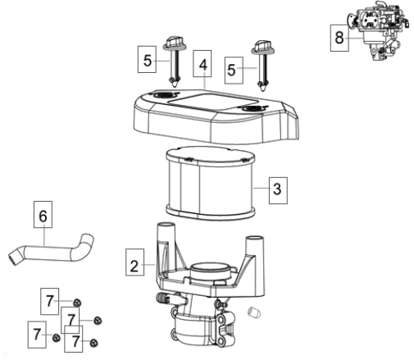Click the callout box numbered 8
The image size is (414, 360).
tap(339, 38)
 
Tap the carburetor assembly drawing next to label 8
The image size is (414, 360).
tap(379, 30)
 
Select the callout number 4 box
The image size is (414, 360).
tap(202, 63)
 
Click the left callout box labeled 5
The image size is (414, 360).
tap(147, 59)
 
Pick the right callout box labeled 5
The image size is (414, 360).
tap(234, 71)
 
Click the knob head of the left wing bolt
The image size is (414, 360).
tap(175, 43)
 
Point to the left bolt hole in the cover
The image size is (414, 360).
tap(163, 95)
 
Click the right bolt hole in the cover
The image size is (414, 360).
tap(252, 108)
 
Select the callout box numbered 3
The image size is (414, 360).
tap(278, 190)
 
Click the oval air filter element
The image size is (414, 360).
tap(211, 184)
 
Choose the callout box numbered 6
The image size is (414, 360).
tap(43, 215)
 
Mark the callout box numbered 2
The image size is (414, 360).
tap(134, 262)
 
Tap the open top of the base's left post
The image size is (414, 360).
tap(166, 226)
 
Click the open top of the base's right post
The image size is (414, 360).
tap(255, 239)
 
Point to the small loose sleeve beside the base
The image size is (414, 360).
tap(254, 312)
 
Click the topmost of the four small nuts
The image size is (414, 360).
tap(77, 303)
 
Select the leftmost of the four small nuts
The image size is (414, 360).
tap(56, 338)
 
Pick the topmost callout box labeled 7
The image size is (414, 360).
tap(49, 301)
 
